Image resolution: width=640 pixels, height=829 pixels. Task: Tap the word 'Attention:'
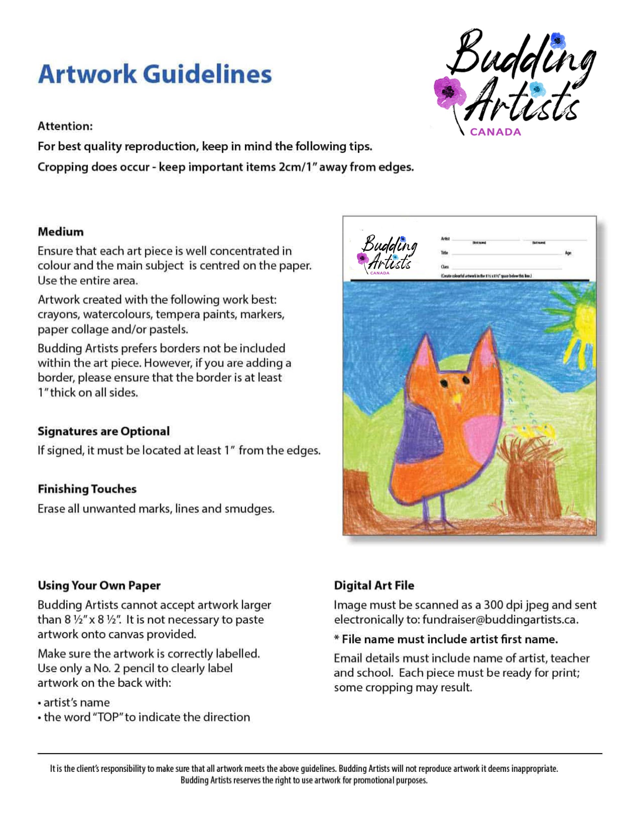(65, 126)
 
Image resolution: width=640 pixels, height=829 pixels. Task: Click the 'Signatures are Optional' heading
(103, 431)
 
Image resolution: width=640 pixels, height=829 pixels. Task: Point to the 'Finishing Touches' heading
(87, 489)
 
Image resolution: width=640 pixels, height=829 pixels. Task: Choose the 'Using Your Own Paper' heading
(99, 585)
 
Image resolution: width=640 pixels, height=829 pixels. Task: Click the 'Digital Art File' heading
(374, 585)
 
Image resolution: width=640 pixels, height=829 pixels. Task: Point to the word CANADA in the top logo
(495, 132)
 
